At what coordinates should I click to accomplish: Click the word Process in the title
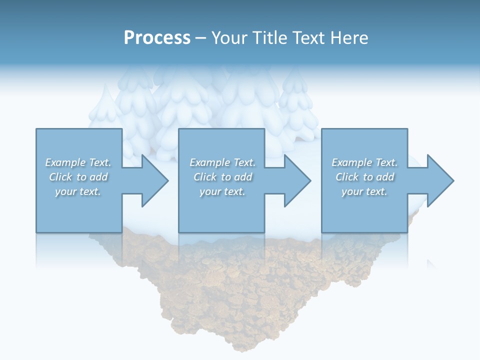157,37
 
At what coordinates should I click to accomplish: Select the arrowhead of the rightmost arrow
439,180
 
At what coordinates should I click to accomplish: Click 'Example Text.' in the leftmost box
78,162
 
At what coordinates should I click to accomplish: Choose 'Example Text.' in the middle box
222,162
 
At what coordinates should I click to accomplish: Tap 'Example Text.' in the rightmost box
364,162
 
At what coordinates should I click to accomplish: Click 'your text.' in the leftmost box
78,191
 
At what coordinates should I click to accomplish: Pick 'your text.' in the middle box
222,191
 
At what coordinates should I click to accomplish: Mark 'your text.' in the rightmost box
364,191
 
